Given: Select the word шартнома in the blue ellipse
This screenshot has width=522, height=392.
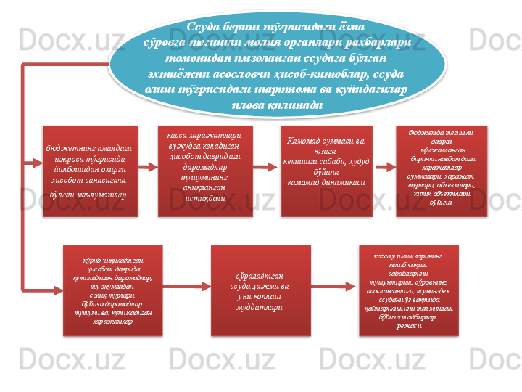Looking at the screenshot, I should click(x=294, y=89).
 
